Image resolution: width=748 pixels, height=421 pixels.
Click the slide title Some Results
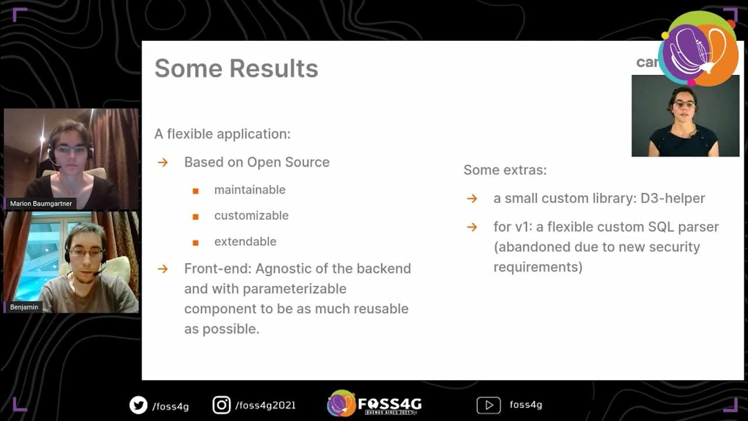coord(236,68)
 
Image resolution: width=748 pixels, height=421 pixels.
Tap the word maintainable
coord(250,189)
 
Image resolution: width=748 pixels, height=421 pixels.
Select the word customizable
coord(251,215)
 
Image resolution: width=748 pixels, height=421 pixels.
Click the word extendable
coord(245,241)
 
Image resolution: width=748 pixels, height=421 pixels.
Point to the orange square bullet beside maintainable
coord(196,191)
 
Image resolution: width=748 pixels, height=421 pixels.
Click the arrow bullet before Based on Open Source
coord(162,163)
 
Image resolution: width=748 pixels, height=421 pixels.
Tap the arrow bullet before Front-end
coord(162,269)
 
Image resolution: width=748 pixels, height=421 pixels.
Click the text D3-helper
coord(673,198)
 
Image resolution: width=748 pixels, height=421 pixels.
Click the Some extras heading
coord(505,170)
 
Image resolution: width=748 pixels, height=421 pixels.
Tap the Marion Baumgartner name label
coord(41,204)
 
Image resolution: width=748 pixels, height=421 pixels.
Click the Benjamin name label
coord(24,307)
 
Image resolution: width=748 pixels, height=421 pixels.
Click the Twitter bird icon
coord(138,405)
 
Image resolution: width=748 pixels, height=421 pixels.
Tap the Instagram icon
coord(221,405)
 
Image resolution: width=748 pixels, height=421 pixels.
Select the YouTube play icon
coord(489,405)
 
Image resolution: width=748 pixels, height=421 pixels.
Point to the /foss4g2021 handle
coord(265,405)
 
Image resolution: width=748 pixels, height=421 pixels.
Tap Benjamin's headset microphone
coord(96,273)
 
